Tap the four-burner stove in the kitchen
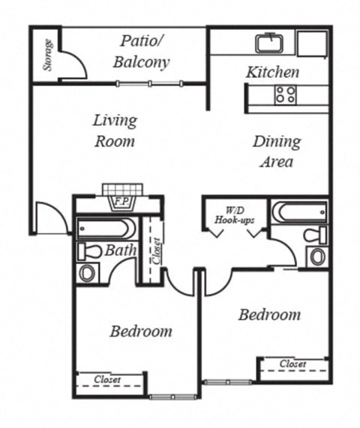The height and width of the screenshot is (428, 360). coord(285,94)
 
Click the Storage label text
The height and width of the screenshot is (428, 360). coord(47,55)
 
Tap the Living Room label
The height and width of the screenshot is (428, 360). coord(115,130)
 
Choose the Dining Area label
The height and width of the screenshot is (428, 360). coord(276,151)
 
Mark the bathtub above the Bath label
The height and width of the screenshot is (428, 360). coord(106,228)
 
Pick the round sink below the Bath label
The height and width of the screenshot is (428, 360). coord(88,273)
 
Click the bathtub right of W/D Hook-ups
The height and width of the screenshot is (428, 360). coord(298,212)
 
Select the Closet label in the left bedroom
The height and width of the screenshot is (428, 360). coord(108,380)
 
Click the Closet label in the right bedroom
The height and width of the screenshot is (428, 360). coord(292,364)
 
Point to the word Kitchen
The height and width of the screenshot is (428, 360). coord(273,73)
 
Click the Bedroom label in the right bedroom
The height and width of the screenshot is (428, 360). coord(269,314)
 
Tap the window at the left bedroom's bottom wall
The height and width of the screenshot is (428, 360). coord(172,397)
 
